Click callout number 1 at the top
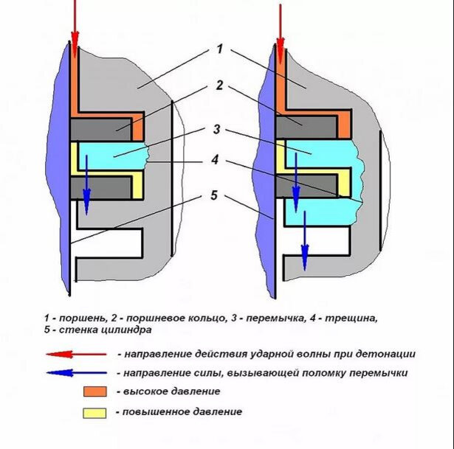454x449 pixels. click(x=220, y=49)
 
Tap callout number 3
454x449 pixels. click(x=216, y=130)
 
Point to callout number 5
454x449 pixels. click(x=214, y=195)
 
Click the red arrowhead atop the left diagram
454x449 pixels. click(x=74, y=37)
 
